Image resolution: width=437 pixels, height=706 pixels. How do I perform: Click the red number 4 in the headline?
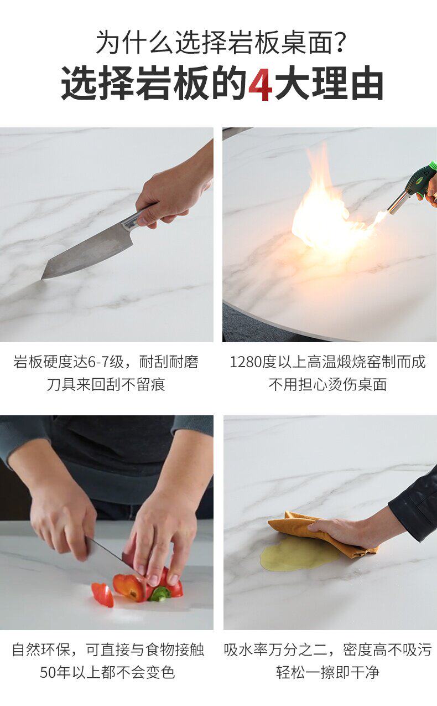[261, 83]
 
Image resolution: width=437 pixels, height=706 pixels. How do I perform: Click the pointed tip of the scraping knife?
[43, 278]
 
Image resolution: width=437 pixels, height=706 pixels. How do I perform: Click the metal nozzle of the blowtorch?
[397, 202]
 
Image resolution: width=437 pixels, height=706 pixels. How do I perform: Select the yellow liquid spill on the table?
[296, 554]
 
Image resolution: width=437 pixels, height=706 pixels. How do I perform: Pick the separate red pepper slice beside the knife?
[102, 595]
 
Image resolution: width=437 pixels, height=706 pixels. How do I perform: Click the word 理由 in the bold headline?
[347, 83]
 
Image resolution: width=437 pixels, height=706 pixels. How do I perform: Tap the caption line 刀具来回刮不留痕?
[106, 384]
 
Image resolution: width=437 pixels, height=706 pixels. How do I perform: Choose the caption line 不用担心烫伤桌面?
[327, 384]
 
